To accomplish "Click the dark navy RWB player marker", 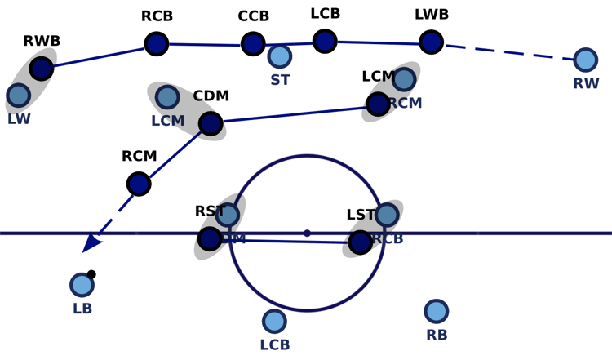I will (42, 69).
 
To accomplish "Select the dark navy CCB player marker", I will (253, 43).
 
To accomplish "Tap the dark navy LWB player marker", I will (431, 42).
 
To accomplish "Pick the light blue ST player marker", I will (279, 56).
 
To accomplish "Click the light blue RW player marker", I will (585, 60).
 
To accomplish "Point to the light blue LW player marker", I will (18, 96).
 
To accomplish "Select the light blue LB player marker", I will (82, 285).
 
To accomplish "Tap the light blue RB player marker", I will (437, 311).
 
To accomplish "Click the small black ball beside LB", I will (91, 274).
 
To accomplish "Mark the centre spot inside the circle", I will (307, 233).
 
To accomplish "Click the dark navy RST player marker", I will (210, 238).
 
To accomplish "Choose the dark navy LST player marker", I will (360, 242).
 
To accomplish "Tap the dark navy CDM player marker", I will (211, 123).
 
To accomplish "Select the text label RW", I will (586, 83).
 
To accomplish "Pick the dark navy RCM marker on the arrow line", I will (139, 184).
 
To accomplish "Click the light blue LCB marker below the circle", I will (274, 321).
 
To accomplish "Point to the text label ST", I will (280, 80).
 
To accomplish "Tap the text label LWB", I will (432, 15).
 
